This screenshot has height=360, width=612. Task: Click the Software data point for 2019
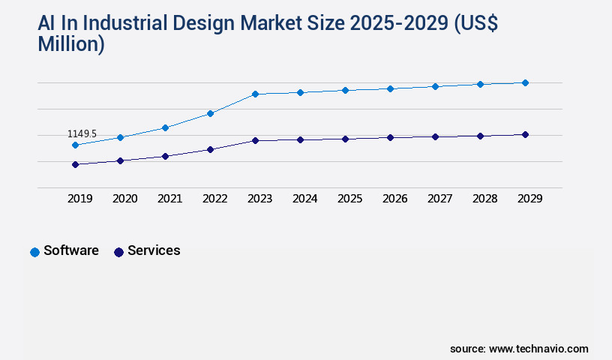(x=75, y=145)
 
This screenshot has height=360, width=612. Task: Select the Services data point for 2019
(x=75, y=164)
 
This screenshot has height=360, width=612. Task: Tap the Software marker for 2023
(x=255, y=94)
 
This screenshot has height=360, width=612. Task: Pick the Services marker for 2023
(x=255, y=140)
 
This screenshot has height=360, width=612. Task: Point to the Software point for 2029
(x=525, y=82)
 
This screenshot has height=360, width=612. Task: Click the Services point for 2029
(x=525, y=134)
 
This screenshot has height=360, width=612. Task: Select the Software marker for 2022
(x=210, y=113)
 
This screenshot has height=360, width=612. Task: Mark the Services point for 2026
(x=390, y=137)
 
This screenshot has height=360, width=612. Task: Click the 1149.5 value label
(x=82, y=133)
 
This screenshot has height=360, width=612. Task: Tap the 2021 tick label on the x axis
(x=169, y=199)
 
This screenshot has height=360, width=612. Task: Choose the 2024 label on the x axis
(x=304, y=199)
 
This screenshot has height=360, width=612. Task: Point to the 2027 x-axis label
(x=439, y=199)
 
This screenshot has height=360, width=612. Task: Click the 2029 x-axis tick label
(x=529, y=199)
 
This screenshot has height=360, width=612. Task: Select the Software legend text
(x=71, y=250)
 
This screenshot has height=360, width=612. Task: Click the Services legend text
(x=154, y=250)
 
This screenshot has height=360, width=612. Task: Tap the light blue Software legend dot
(x=34, y=252)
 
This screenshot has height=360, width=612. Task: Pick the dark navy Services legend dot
(x=118, y=252)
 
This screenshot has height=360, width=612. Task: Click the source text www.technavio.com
(x=538, y=349)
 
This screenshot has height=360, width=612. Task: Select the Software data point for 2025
(x=345, y=90)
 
